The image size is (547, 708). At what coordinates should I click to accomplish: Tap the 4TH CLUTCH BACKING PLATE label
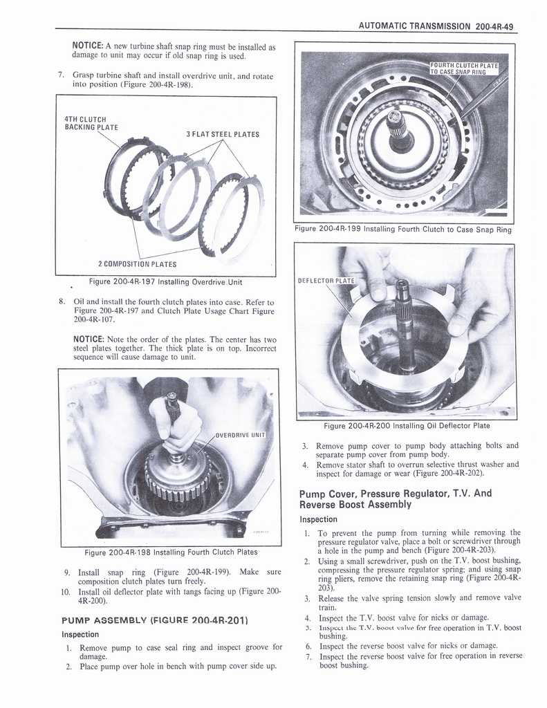click(90, 122)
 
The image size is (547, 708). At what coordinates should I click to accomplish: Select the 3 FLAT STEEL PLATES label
click(222, 134)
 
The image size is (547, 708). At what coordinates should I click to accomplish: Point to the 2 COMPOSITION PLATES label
click(136, 264)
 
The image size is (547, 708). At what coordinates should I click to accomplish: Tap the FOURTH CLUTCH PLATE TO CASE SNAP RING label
click(468, 68)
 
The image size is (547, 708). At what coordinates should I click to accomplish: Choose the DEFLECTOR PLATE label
click(326, 281)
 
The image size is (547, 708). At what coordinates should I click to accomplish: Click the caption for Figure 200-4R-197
click(165, 281)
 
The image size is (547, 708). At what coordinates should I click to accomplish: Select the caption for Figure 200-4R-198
click(171, 552)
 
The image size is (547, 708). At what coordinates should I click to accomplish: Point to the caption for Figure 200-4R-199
click(403, 230)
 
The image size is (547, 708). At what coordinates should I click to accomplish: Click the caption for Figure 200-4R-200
click(407, 426)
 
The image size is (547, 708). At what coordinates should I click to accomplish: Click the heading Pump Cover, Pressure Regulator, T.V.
click(395, 499)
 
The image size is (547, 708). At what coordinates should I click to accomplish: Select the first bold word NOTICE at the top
click(88, 46)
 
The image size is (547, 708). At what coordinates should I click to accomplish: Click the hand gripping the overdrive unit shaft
click(175, 423)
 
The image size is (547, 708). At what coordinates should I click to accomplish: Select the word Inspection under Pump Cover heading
click(318, 519)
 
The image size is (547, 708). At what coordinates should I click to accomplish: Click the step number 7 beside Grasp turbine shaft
click(62, 75)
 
